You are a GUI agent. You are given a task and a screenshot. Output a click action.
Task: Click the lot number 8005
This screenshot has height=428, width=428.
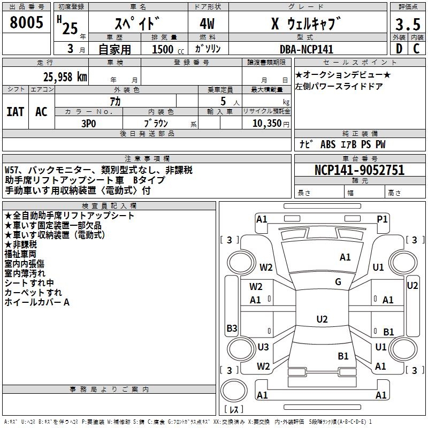(x=27, y=23)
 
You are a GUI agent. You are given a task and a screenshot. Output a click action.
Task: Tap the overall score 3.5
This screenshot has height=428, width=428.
(x=407, y=24)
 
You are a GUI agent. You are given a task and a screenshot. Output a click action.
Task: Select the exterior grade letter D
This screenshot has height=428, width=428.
(x=399, y=49)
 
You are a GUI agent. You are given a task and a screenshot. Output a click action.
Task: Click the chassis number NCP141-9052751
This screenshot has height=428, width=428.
(x=360, y=171)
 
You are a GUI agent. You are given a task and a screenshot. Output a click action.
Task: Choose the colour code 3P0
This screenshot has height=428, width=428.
(x=88, y=123)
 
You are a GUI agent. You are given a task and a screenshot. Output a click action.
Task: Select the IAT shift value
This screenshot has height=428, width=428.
(x=15, y=111)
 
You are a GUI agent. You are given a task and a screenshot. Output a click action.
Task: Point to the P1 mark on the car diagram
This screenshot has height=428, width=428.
(x=382, y=219)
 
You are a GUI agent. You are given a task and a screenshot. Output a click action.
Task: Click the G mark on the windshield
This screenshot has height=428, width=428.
(x=338, y=282)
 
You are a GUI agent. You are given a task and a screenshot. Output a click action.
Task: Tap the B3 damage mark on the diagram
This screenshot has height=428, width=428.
(x=232, y=328)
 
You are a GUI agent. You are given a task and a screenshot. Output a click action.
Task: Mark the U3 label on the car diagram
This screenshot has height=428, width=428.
(x=263, y=347)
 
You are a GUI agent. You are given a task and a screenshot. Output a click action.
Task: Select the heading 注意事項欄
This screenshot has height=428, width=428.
(x=147, y=159)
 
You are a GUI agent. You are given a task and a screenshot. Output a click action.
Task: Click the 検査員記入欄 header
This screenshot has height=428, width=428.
(x=109, y=206)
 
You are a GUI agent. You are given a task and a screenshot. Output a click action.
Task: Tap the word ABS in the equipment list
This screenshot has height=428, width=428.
(x=327, y=144)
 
